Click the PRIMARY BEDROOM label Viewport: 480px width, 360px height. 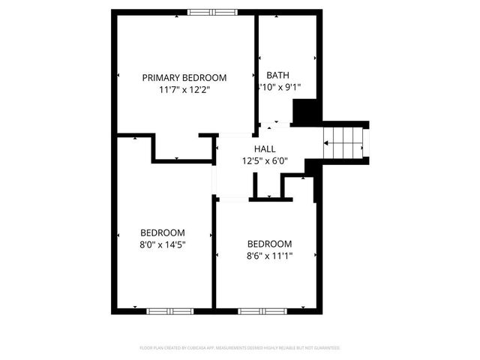[184, 77]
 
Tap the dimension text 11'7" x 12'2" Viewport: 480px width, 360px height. [184, 90]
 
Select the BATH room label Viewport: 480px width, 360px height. [277, 75]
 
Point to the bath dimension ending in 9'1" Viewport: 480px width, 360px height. [280, 87]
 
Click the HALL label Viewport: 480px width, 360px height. [264, 149]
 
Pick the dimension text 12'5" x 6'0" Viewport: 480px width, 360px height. [264, 160]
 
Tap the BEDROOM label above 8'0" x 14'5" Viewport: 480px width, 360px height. [163, 232]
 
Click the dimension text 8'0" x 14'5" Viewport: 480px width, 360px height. [163, 244]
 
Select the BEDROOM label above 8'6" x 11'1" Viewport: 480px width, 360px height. [269, 244]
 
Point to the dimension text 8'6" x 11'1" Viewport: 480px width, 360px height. [269, 256]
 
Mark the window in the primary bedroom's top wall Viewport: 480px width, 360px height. [211, 12]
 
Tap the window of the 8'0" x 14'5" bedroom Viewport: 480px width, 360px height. [169, 310]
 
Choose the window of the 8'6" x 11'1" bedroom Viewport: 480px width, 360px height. [262, 310]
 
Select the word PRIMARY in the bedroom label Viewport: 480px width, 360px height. [160, 77]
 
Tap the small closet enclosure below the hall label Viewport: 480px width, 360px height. [269, 187]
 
